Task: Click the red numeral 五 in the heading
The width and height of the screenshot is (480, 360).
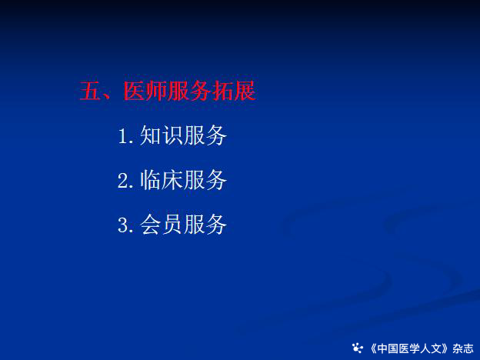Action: coord(90,92)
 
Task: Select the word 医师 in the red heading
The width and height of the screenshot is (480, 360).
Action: coord(145,92)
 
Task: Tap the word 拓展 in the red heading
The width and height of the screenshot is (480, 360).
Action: coord(234,92)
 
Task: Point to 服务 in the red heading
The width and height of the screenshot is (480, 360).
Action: coord(189,92)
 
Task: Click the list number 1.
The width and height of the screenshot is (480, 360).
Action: coord(124,136)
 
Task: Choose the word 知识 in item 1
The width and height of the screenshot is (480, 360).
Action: coord(162,135)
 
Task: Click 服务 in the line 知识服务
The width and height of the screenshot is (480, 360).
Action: coord(205,135)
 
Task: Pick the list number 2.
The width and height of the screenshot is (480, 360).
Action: coord(123,181)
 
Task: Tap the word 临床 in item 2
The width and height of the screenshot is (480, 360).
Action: coord(162,180)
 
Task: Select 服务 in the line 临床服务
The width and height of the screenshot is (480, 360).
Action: coord(205,180)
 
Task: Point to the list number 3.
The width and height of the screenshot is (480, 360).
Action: coord(123,225)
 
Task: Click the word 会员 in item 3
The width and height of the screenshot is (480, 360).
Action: coord(162,225)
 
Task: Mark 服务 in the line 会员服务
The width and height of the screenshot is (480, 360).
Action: coord(205,225)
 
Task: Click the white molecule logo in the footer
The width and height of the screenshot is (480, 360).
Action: coord(357,348)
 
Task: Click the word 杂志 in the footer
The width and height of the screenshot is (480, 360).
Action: coord(463,348)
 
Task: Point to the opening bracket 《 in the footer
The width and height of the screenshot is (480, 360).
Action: coord(374,348)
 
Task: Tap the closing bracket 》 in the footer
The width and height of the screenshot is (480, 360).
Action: coord(444,348)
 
